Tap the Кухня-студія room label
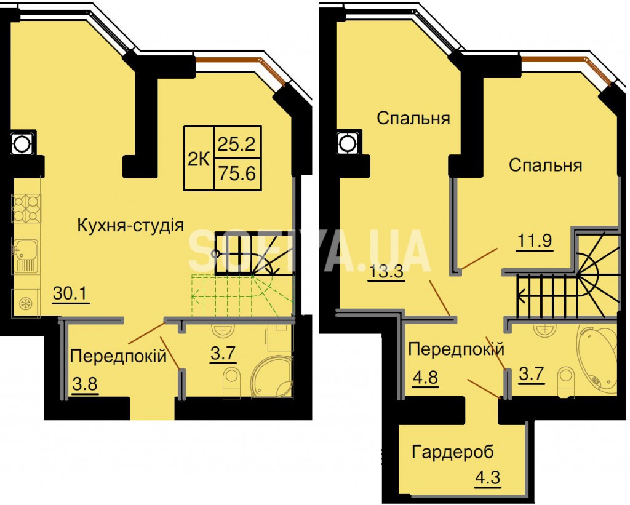click(x=130, y=226)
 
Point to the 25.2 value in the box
click(x=237, y=143)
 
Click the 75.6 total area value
click(x=237, y=174)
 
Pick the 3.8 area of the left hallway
click(x=85, y=384)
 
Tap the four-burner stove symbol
click(x=26, y=209)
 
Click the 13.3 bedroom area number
click(x=386, y=272)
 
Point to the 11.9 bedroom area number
click(x=535, y=241)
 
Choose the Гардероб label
click(x=453, y=452)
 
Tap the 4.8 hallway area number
click(x=425, y=378)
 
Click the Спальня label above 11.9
click(x=546, y=165)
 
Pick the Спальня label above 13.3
click(x=413, y=119)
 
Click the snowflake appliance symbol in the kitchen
click(x=26, y=303)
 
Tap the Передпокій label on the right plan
click(x=456, y=349)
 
